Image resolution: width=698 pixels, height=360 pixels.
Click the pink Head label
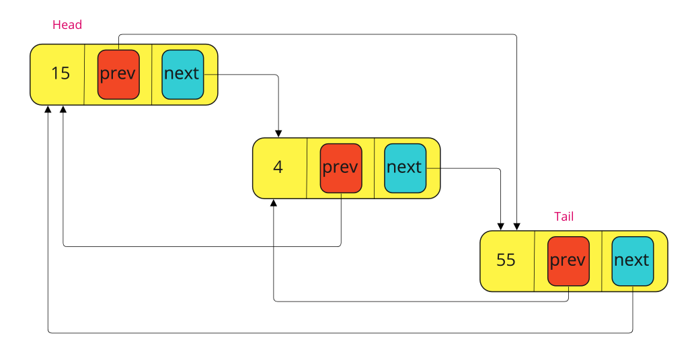[67, 25]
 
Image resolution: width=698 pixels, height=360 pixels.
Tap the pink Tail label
[564, 216]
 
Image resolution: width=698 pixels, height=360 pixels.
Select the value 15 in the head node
[61, 73]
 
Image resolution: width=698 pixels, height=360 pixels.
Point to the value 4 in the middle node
[278, 167]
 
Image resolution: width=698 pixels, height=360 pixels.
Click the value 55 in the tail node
[506, 260]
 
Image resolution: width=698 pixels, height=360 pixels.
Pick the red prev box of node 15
[118, 74]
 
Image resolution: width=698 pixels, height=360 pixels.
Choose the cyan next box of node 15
[182, 74]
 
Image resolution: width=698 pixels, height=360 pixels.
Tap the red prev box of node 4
[341, 168]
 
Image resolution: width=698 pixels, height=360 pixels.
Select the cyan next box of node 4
[405, 168]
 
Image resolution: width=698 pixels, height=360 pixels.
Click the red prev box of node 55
[568, 261]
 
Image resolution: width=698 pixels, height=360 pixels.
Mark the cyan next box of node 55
[632, 261]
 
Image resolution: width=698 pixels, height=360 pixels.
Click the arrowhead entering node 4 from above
[278, 133]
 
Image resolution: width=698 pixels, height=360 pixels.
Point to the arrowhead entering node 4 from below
[274, 203]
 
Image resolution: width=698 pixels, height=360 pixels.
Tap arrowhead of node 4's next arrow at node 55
[500, 226]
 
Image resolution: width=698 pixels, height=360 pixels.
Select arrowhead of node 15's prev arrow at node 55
[516, 226]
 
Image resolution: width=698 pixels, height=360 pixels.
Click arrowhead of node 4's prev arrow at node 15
[63, 110]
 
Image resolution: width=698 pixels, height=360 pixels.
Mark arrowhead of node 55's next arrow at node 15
[48, 110]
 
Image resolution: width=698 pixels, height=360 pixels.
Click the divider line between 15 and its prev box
[84, 74]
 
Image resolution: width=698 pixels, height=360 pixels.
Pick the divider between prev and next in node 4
[374, 168]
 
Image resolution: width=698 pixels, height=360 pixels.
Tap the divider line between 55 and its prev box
[534, 261]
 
